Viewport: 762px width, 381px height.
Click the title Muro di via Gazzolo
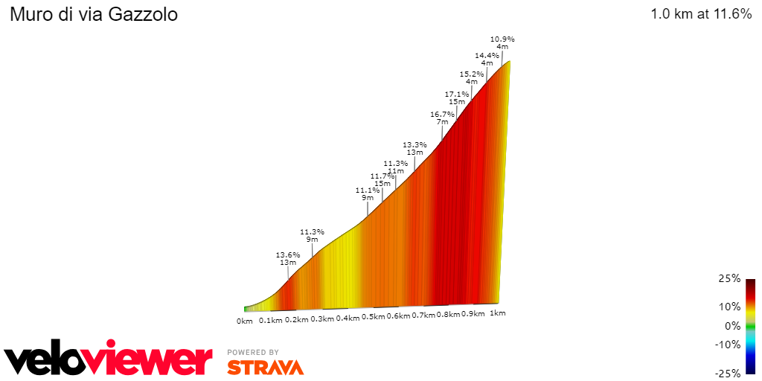tap(94, 14)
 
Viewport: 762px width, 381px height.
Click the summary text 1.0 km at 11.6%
tap(701, 13)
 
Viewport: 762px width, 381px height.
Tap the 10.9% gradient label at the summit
tap(502, 39)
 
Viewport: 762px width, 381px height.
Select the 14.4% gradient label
tap(487, 55)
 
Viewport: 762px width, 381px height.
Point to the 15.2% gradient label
tap(472, 74)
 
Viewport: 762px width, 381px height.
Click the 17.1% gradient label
tap(457, 94)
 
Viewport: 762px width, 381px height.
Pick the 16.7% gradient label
tap(442, 114)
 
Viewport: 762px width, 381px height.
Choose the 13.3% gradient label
tap(414, 144)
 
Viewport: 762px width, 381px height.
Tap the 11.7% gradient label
tap(382, 176)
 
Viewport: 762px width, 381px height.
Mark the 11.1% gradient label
tap(368, 190)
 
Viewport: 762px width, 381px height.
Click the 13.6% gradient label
tap(288, 254)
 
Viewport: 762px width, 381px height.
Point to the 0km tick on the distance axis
tap(245, 321)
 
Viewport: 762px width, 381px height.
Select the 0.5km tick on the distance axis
tap(373, 317)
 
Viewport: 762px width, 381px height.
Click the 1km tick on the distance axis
tap(498, 313)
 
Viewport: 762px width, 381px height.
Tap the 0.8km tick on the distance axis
tap(448, 315)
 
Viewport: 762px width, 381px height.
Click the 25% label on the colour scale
tap(730, 278)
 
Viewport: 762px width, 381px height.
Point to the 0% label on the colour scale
tap(732, 325)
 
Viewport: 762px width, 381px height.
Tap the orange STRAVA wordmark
tap(265, 367)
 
